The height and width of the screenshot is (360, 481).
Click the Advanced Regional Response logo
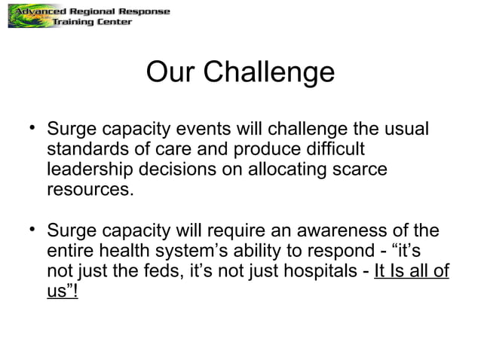click(89, 17)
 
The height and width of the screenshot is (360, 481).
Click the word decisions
click(188, 169)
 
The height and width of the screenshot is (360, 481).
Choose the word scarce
click(360, 169)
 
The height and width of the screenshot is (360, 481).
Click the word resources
click(90, 190)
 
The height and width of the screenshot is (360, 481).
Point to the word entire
click(72, 251)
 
